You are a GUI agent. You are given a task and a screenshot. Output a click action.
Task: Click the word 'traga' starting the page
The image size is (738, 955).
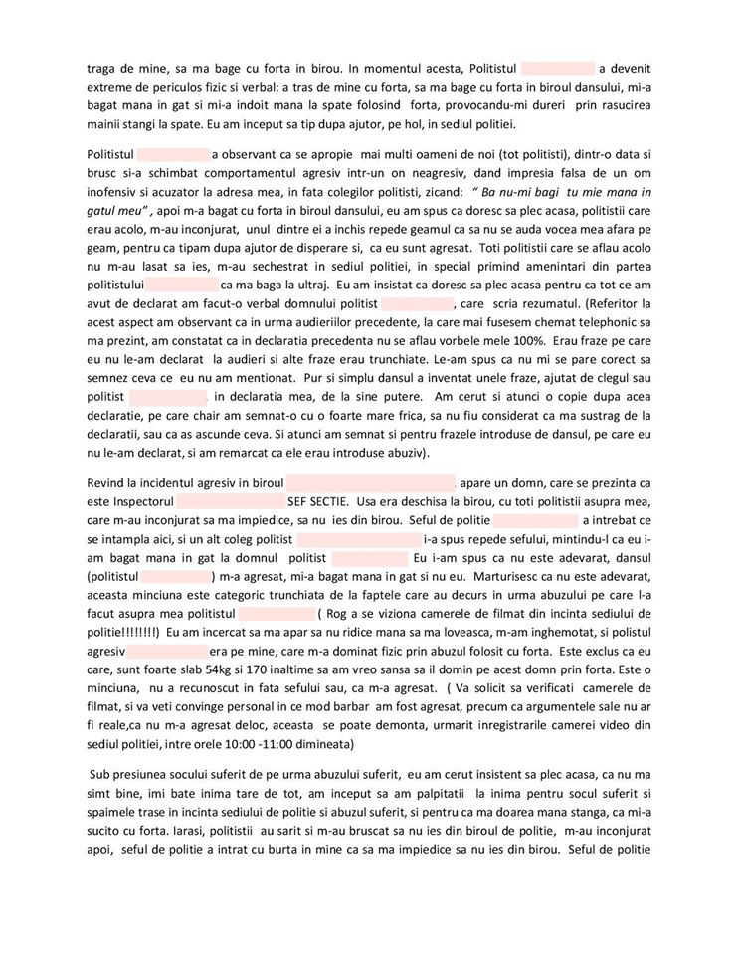(104, 69)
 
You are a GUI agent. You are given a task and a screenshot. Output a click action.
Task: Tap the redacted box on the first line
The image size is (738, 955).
(558, 69)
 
